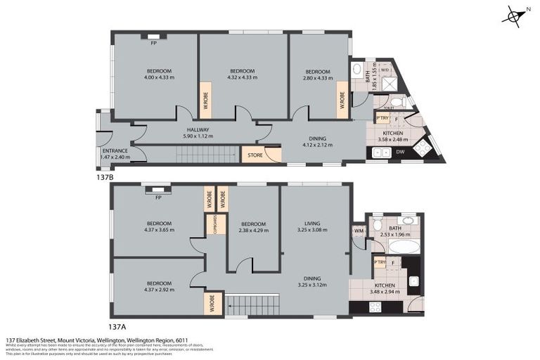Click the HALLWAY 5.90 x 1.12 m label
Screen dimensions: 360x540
pos(198,133)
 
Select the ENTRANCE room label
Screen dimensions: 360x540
pos(115,154)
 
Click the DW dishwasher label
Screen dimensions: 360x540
pos(399,151)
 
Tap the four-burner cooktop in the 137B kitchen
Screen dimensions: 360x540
pos(425,148)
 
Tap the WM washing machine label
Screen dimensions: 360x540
pos(358,231)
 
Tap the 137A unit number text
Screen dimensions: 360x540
pos(118,326)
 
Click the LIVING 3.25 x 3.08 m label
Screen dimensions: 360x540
pos(312,226)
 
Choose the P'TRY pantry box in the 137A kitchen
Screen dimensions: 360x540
pos(380,263)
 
